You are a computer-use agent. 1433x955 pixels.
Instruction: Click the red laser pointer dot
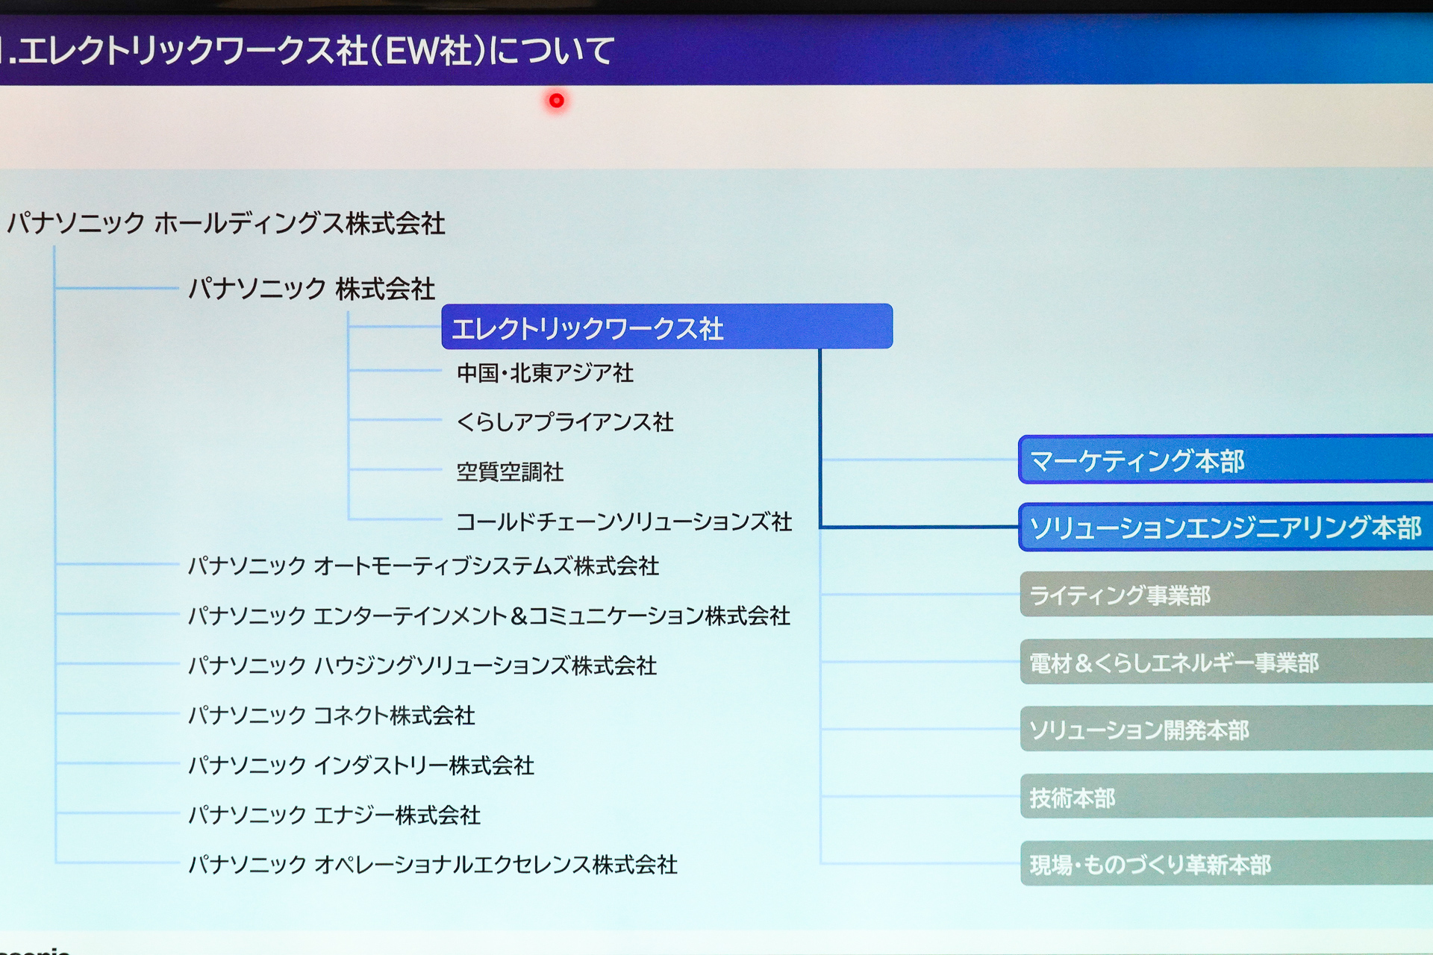pos(556,100)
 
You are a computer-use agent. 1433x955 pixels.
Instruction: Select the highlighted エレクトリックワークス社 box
pos(666,327)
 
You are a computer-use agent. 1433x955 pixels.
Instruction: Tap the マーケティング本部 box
pos(1224,460)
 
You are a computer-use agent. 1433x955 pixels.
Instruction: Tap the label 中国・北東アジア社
pos(545,372)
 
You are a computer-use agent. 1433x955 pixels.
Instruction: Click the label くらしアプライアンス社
pos(565,422)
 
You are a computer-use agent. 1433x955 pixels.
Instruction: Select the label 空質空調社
pos(510,472)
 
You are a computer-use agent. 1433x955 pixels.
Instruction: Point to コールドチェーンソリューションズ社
pos(624,522)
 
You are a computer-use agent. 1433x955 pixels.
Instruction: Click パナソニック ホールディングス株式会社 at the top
pos(226,223)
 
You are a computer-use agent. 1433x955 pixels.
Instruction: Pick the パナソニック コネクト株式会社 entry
pos(331,715)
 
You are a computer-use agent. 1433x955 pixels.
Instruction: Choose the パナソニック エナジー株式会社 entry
pos(334,814)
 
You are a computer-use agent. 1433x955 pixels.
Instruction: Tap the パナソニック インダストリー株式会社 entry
pos(361,765)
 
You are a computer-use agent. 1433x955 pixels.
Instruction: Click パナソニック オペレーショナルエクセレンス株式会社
pos(433,864)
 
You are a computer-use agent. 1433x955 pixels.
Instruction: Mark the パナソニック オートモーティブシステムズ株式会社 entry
pos(423,566)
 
